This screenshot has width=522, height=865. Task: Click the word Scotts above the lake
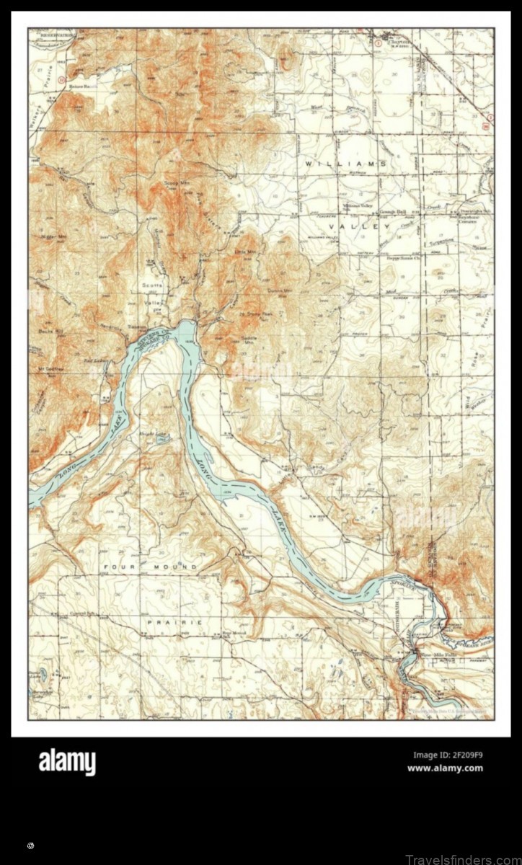coord(151,285)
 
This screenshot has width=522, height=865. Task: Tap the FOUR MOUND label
coord(150,567)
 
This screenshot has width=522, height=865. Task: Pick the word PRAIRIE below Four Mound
coord(174,621)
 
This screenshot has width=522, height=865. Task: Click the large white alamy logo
coord(67,762)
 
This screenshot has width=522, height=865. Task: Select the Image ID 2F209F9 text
coord(447,755)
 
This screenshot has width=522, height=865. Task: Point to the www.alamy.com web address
coord(445,768)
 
